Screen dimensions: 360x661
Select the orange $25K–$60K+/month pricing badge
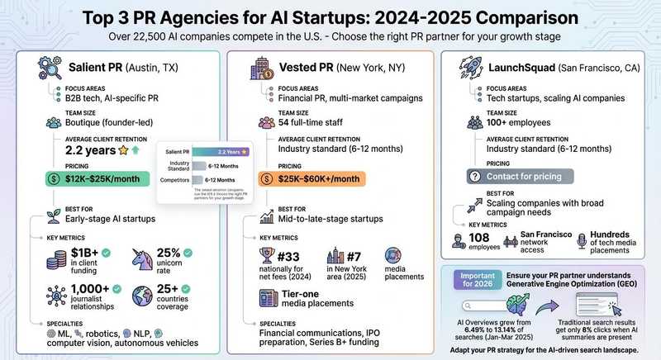(309, 179)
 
